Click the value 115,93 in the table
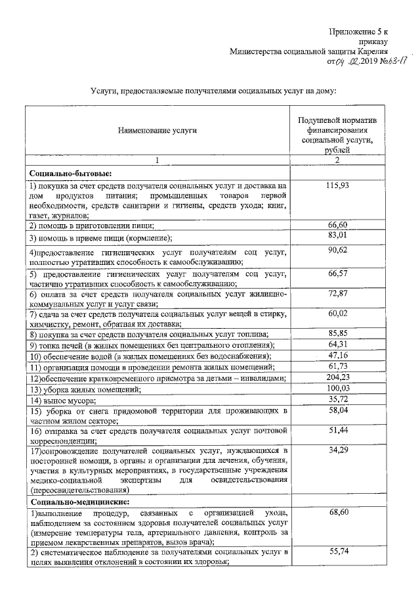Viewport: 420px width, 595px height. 337,187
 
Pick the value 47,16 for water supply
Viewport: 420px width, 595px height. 337,356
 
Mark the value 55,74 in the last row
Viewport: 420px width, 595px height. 337,554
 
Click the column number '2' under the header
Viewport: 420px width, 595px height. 337,160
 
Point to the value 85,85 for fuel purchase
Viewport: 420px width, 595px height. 337,333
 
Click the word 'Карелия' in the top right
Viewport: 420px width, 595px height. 372,51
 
